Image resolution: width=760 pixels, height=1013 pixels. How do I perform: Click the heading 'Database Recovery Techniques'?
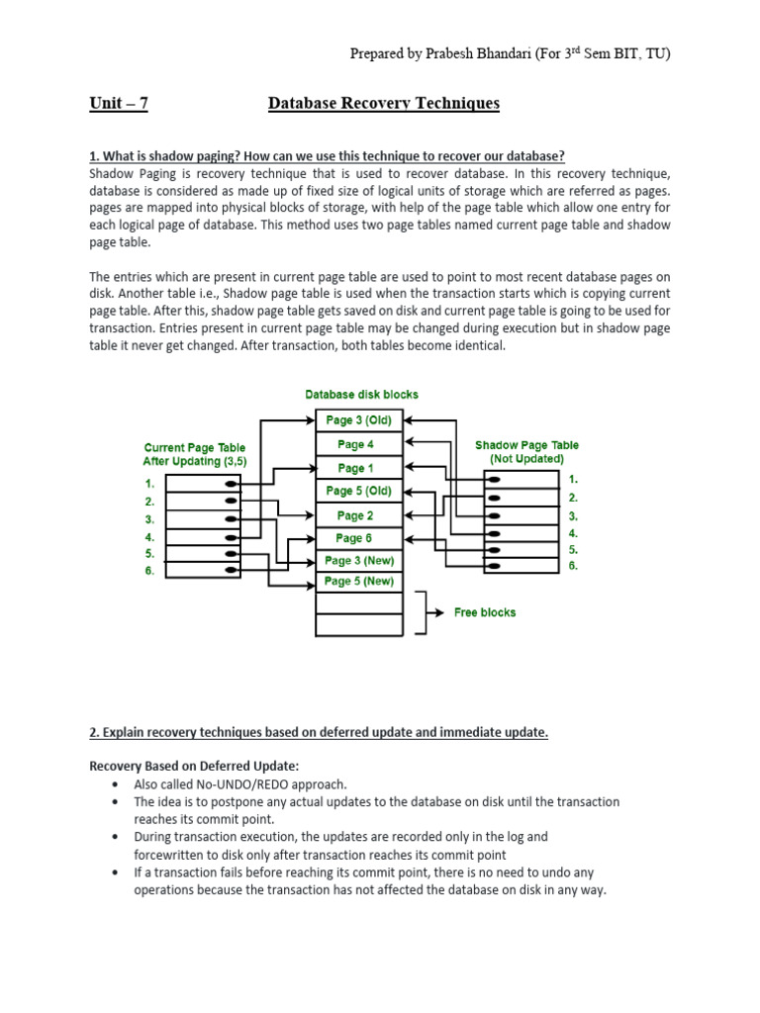tap(384, 104)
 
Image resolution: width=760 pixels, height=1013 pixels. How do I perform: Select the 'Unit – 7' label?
tap(119, 104)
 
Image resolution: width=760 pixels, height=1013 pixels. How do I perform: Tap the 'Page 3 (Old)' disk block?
tap(358, 420)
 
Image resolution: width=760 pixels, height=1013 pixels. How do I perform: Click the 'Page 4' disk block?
tap(355, 444)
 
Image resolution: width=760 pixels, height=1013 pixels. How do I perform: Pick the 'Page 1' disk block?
tap(355, 468)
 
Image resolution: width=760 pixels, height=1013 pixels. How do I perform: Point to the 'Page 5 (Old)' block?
tap(358, 491)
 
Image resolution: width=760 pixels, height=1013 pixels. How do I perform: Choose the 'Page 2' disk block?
tap(355, 515)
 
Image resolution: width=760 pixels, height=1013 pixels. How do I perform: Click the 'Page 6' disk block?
tap(355, 538)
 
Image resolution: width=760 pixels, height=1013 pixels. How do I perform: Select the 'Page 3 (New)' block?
tap(359, 561)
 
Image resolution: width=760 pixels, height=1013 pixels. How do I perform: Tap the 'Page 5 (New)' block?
tap(359, 582)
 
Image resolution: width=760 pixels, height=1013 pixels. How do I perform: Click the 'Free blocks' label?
tap(484, 612)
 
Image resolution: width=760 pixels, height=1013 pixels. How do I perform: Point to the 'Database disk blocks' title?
tap(361, 395)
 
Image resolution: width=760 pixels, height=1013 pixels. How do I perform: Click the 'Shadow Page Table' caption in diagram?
tap(527, 445)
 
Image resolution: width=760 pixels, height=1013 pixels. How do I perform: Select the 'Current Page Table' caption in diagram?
tap(194, 448)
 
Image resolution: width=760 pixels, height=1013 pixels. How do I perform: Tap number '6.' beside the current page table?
tap(149, 572)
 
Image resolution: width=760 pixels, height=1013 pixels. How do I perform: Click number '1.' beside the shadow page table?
tap(573, 479)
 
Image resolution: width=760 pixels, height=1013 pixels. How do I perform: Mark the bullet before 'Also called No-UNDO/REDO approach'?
tap(115, 784)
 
